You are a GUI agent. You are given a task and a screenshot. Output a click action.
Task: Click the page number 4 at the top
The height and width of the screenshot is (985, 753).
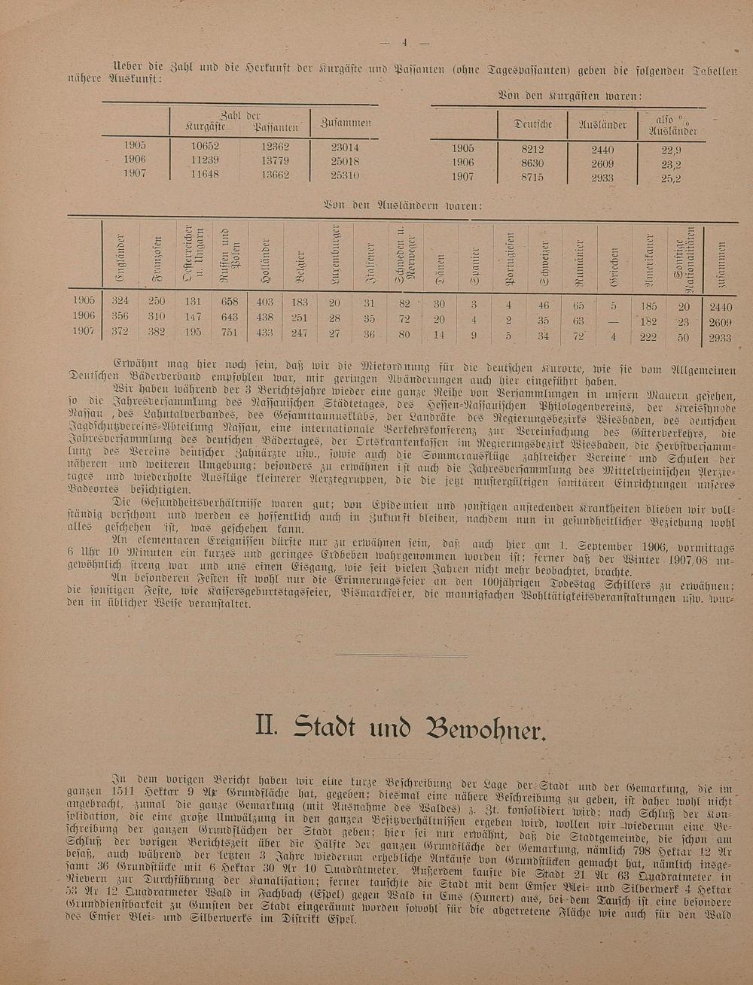(x=404, y=42)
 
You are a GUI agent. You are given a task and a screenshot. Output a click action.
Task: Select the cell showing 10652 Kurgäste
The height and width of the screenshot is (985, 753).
(x=205, y=146)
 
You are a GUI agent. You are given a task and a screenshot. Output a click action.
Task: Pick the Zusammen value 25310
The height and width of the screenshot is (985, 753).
(x=345, y=175)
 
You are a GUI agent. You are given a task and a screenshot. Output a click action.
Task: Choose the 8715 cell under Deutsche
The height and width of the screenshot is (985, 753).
(x=532, y=178)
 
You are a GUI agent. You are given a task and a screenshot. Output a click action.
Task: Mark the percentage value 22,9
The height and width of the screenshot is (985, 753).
(x=671, y=150)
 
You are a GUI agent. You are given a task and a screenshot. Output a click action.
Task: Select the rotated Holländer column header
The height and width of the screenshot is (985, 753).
(x=264, y=260)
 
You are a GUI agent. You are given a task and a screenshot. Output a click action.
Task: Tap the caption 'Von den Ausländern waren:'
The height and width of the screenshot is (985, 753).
(x=403, y=204)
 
